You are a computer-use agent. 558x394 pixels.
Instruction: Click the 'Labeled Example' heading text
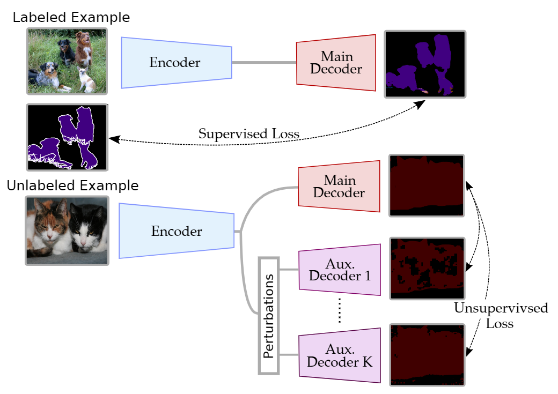point(71,17)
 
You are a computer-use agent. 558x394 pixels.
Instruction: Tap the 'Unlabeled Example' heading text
point(72,186)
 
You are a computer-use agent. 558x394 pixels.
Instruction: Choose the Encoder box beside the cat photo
point(176,232)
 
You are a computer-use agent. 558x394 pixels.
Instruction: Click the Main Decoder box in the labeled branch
point(336,63)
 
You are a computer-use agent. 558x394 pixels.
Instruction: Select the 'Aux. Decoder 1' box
point(339,270)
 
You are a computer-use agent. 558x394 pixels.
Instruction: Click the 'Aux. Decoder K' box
point(339,355)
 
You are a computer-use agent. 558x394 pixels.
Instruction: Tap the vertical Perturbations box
point(269,316)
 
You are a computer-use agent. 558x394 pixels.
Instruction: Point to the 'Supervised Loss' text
point(249,133)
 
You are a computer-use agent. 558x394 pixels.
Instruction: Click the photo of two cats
point(67,231)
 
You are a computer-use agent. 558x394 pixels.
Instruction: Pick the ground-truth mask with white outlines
point(67,137)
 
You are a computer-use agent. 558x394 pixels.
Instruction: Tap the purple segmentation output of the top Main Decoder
point(425,64)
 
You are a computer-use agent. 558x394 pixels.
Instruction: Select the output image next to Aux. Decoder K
point(427,354)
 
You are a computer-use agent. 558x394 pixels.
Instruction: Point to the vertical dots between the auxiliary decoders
point(340,313)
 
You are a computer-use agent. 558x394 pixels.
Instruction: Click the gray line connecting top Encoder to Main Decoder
point(264,63)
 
